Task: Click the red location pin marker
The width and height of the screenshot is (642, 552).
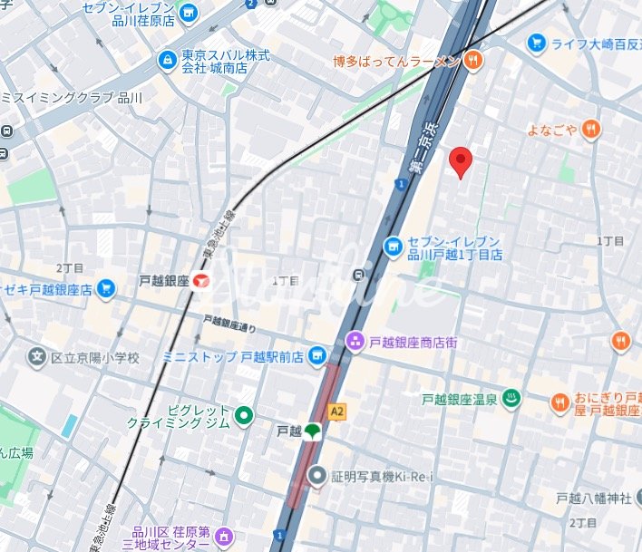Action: [x=462, y=161]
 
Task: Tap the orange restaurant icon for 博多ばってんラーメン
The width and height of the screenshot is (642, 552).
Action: [x=472, y=61]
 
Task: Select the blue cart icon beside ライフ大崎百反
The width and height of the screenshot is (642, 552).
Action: [x=536, y=42]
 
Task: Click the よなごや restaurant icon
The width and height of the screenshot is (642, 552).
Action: [x=591, y=129]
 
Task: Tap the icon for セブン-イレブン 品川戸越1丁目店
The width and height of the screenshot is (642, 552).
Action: [x=393, y=247]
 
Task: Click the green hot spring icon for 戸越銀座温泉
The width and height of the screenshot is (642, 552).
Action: [x=511, y=397]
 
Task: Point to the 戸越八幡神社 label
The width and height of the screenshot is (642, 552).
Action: [x=598, y=498]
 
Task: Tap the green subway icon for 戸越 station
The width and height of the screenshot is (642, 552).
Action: [x=312, y=431]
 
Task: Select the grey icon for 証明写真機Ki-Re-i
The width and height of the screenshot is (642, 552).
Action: [x=316, y=473]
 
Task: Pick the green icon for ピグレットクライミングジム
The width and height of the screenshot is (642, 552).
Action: [x=243, y=416]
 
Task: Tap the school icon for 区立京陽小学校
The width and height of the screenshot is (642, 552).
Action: [x=37, y=358]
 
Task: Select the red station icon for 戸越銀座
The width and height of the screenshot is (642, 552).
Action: [x=200, y=281]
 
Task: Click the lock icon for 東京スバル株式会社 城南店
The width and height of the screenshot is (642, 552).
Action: [x=167, y=60]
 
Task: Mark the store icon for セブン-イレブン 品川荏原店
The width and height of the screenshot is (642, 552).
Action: [x=189, y=13]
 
